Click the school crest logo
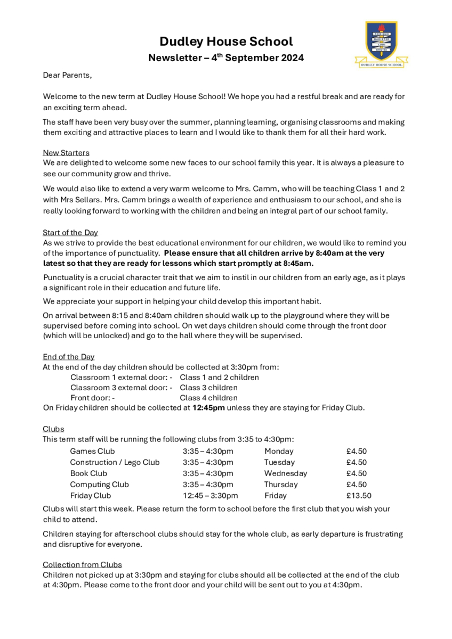[x=382, y=44]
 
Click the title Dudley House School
[x=226, y=42]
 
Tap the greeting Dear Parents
[x=67, y=75]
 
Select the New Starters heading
[x=66, y=153]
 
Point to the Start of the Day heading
[x=70, y=233]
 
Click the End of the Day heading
[x=69, y=357]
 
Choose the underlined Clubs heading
[x=53, y=429]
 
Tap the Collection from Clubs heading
[x=82, y=564]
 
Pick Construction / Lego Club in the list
[x=115, y=462]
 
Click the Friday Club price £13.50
[x=359, y=496]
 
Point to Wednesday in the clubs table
[x=286, y=473]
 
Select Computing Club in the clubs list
[x=99, y=485]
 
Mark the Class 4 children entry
[x=208, y=398]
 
